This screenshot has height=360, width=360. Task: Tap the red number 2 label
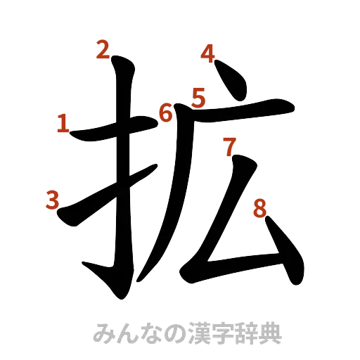(x=103, y=50)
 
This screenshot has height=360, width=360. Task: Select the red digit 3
(x=51, y=200)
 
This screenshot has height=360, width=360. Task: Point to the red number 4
(x=208, y=53)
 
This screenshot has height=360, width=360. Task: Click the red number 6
(x=167, y=112)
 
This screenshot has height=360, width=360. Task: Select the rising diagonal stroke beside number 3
(x=105, y=197)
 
